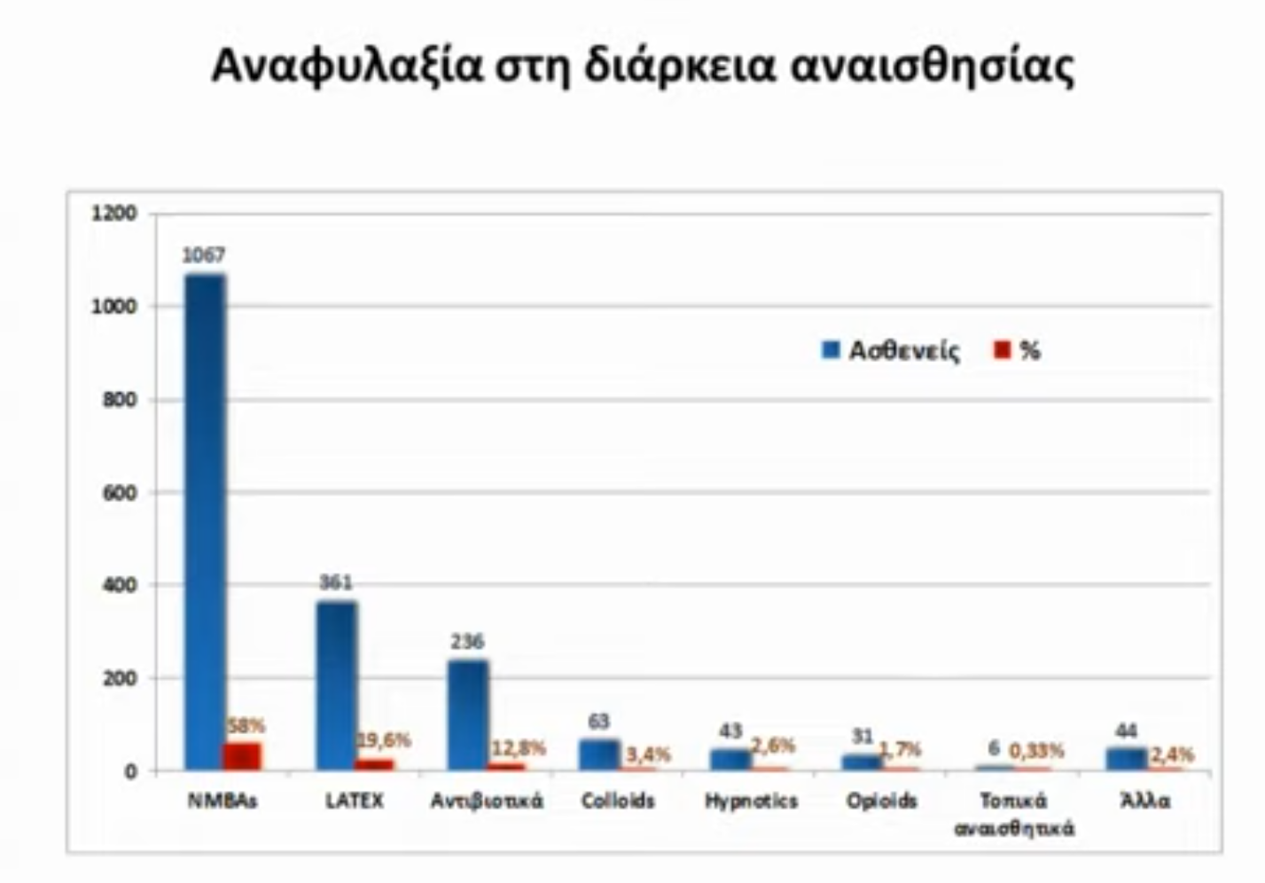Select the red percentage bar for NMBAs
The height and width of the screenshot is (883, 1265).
[242, 756]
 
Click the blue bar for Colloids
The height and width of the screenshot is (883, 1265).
[599, 754]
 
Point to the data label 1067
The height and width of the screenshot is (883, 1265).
[204, 255]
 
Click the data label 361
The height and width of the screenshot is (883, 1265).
[335, 582]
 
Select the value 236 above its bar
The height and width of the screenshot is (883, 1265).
[467, 641]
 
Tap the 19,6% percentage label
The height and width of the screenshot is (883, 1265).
[384, 739]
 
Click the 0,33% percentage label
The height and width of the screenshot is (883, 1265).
[1036, 751]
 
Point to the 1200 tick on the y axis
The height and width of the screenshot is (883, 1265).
[114, 214]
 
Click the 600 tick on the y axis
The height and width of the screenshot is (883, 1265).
[120, 493]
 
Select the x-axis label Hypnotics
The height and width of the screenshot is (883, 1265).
[751, 801]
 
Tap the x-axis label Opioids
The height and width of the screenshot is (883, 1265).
[881, 801]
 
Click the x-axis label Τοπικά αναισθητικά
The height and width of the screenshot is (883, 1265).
[1013, 814]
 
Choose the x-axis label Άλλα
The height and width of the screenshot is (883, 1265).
[1145, 801]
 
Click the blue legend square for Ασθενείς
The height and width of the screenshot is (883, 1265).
[831, 350]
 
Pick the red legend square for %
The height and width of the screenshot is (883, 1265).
[1003, 350]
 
